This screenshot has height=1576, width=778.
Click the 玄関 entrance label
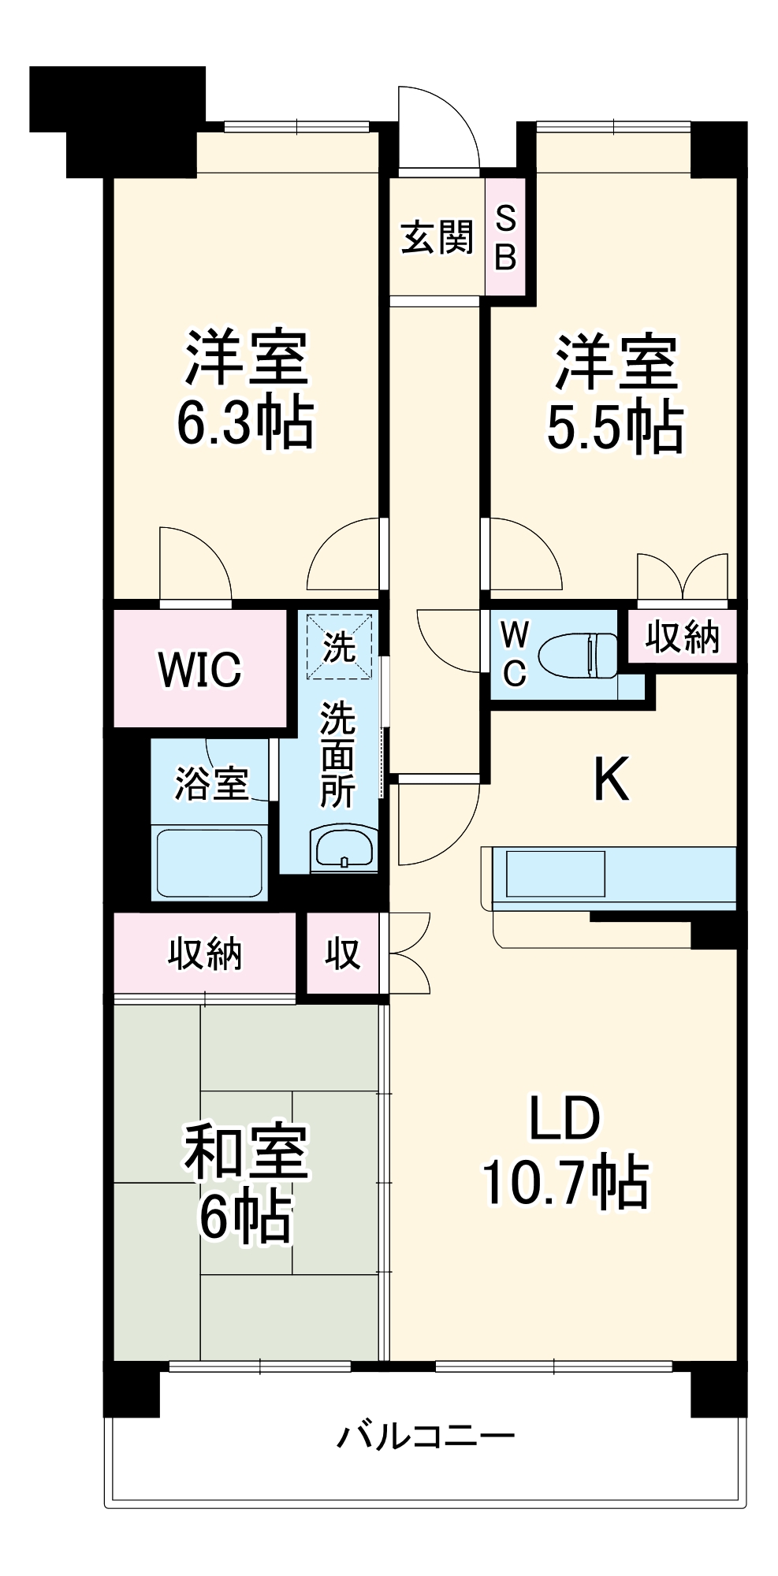tap(437, 237)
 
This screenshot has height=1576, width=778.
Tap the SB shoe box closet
tap(505, 236)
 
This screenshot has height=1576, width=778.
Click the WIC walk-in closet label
tap(199, 669)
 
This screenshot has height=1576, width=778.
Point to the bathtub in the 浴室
tap(210, 862)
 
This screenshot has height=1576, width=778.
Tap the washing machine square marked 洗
tap(339, 646)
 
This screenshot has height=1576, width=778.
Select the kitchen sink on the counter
tap(555, 873)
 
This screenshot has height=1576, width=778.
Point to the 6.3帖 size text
tap(245, 423)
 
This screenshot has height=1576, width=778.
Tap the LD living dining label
tap(564, 1119)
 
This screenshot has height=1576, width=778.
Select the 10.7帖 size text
tap(564, 1183)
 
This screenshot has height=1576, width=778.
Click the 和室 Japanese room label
tap(245, 1151)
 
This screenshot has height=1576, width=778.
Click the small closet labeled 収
tap(342, 953)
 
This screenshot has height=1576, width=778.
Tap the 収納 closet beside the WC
tap(682, 637)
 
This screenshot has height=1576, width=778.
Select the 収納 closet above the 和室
tap(204, 953)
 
